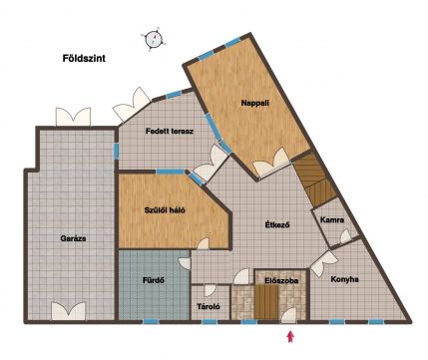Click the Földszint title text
(84, 59)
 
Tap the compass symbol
(154, 39)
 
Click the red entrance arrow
(291, 336)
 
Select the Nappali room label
(255, 103)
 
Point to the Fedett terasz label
(170, 132)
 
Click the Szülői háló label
(165, 210)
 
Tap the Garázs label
(73, 238)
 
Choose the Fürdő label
(154, 280)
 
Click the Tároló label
(209, 307)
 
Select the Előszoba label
(281, 281)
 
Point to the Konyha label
(344, 279)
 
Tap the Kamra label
(332, 220)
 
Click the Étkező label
(277, 225)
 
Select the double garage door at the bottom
(68, 311)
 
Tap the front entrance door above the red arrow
(289, 315)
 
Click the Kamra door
(345, 236)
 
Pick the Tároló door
(211, 290)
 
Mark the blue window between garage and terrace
(116, 151)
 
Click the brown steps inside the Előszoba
(266, 302)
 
